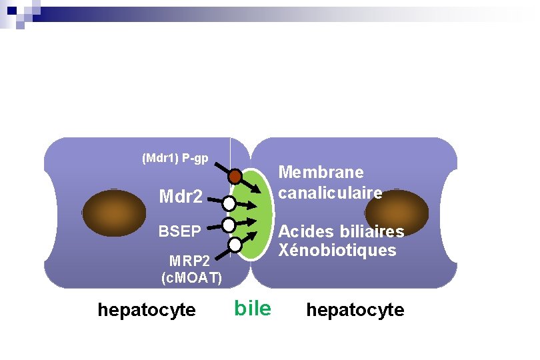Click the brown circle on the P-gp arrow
(x=235, y=177)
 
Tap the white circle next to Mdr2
(x=229, y=203)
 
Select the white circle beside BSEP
(x=229, y=225)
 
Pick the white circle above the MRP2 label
(x=235, y=245)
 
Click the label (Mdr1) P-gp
(x=175, y=159)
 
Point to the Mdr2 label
(x=180, y=197)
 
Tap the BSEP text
(x=179, y=231)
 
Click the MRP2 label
(x=191, y=260)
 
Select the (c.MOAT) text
(x=191, y=277)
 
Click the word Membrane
(x=321, y=172)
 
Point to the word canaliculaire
(x=331, y=193)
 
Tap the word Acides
(x=304, y=231)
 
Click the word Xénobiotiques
(x=337, y=251)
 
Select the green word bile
(x=253, y=309)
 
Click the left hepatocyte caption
(x=147, y=310)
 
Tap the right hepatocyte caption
(x=355, y=310)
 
